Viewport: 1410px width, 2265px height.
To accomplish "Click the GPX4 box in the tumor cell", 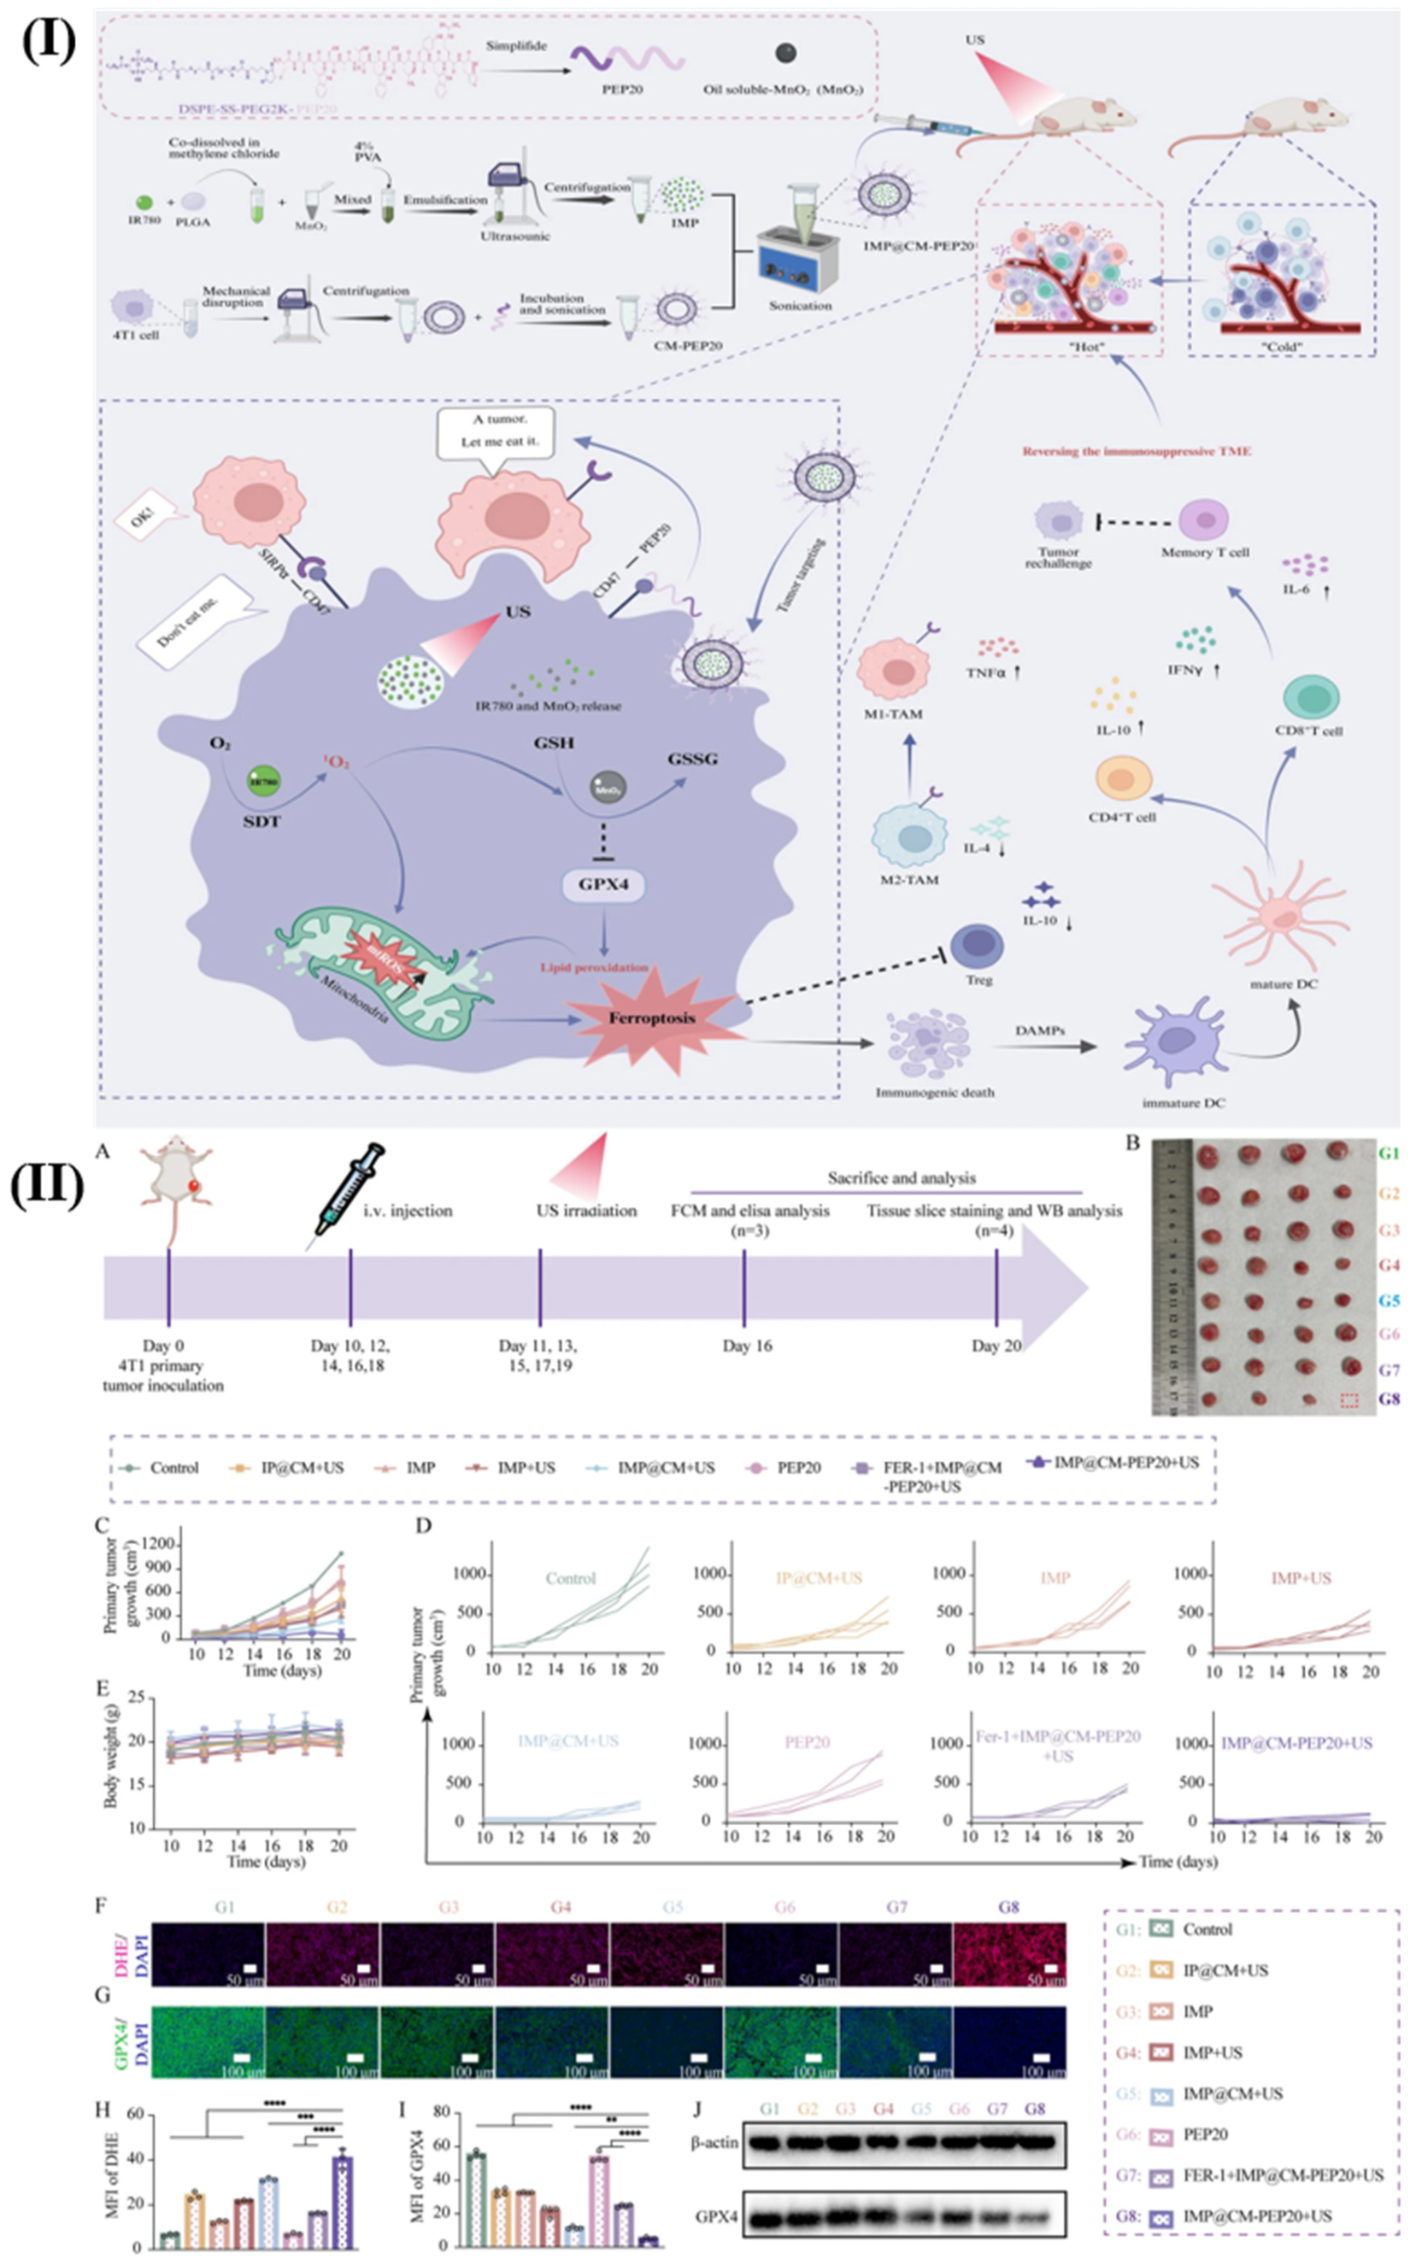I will [603, 884].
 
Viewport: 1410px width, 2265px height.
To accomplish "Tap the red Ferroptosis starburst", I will [653, 1018].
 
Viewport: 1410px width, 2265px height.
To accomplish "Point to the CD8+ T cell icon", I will [1311, 698].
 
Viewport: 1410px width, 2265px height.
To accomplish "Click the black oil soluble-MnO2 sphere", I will [786, 54].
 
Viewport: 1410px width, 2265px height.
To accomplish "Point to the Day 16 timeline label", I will [747, 1345].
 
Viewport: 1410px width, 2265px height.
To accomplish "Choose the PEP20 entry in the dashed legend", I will [800, 1467].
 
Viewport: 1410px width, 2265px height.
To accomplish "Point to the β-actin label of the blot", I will [714, 2143].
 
